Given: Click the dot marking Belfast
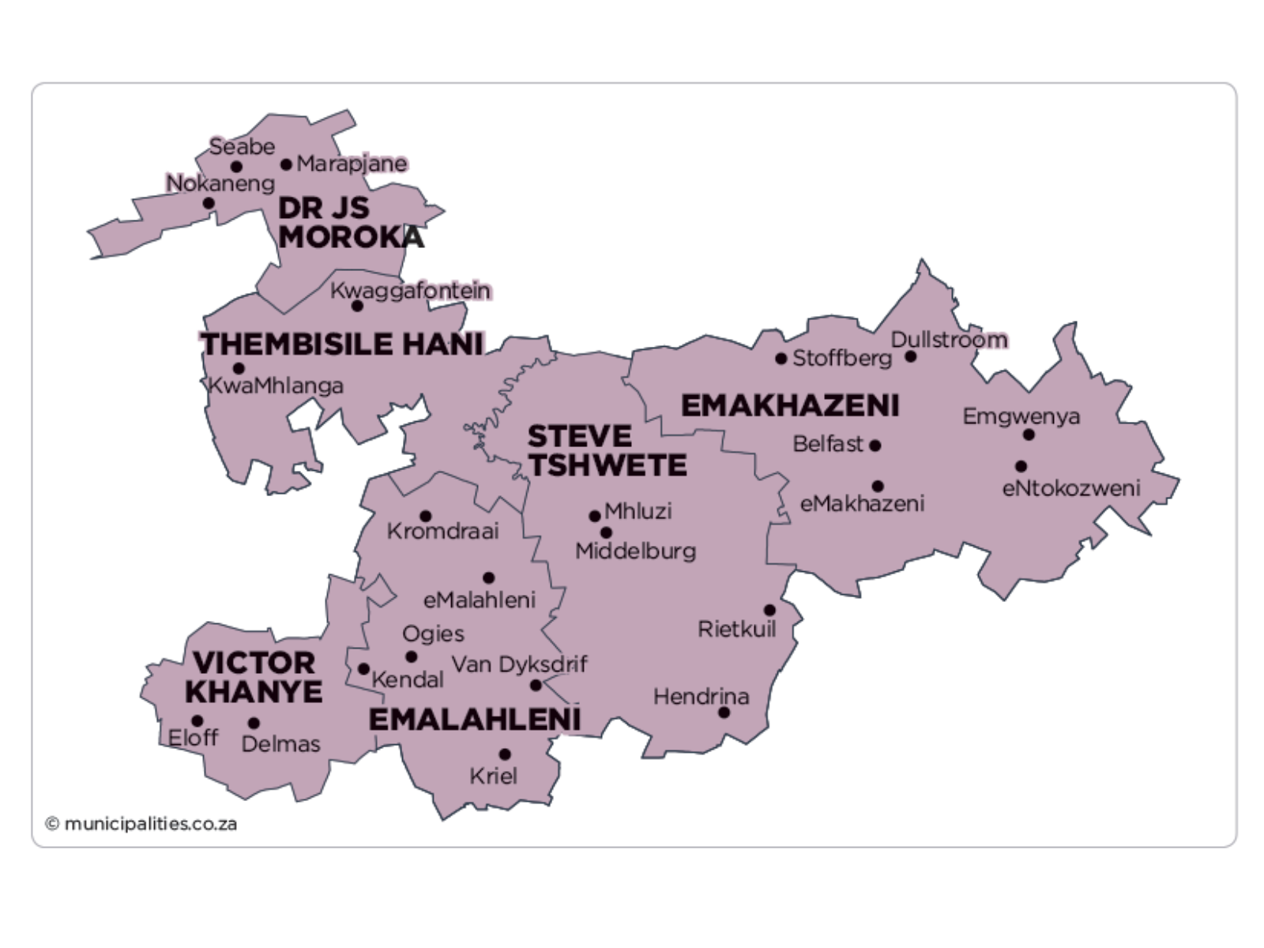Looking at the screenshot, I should [x=875, y=446].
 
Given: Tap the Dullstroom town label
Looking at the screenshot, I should [x=949, y=340].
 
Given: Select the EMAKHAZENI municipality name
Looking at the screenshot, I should [x=789, y=406].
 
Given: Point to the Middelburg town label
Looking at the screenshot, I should [x=635, y=551].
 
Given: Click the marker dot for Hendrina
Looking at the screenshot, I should [x=724, y=713].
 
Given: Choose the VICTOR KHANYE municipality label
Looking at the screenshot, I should [x=254, y=677].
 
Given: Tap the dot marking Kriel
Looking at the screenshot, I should [x=505, y=754].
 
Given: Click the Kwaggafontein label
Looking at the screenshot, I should [x=410, y=291].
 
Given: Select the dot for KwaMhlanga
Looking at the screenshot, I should [x=239, y=368].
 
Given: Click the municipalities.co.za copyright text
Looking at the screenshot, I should [x=141, y=824].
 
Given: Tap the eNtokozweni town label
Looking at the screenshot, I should [x=1070, y=488].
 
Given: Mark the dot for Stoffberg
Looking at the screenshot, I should [x=781, y=359].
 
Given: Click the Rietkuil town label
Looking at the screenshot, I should [x=736, y=629].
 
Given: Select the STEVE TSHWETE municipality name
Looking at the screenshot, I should [x=606, y=450].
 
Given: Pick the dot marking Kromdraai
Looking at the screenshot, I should [x=425, y=517].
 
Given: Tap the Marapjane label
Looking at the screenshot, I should [x=352, y=164].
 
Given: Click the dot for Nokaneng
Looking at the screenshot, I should [x=209, y=203].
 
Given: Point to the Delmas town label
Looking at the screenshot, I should [x=280, y=743].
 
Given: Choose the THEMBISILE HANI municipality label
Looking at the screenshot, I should [x=341, y=344].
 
